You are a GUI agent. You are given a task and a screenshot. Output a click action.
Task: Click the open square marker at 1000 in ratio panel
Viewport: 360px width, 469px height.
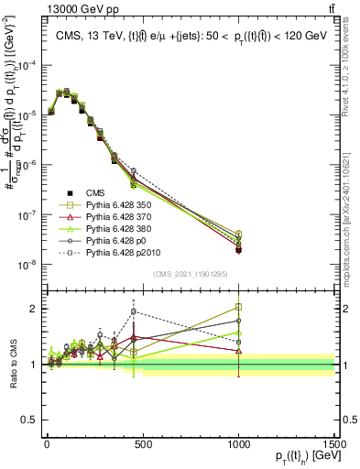point(238,308)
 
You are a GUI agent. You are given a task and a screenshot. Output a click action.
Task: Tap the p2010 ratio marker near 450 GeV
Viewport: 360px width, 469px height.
point(134,311)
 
